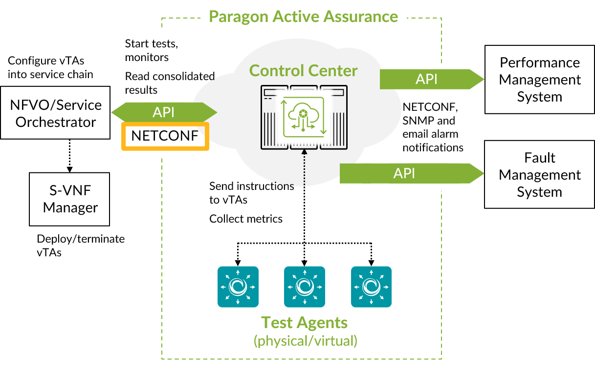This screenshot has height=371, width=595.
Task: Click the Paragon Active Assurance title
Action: pyautogui.click(x=303, y=16)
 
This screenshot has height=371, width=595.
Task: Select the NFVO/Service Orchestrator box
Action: pyautogui.click(x=55, y=113)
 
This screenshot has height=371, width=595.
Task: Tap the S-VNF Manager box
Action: pyautogui.click(x=69, y=199)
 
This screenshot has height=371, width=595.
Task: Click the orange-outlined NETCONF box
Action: pyautogui.click(x=165, y=136)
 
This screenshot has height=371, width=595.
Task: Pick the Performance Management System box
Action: pyautogui.click(x=539, y=80)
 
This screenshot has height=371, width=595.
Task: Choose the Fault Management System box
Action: pyautogui.click(x=539, y=175)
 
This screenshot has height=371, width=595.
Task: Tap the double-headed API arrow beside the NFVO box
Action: pyautogui.click(x=164, y=112)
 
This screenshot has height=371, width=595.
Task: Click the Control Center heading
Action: pyautogui.click(x=303, y=70)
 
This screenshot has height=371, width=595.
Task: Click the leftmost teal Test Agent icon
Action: pyautogui.click(x=238, y=287)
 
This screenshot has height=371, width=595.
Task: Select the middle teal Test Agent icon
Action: pyautogui.click(x=305, y=287)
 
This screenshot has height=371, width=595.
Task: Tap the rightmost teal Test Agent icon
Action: pyautogui.click(x=371, y=287)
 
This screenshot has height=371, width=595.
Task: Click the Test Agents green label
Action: pyautogui.click(x=305, y=323)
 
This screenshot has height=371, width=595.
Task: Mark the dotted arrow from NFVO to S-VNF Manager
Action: pyautogui.click(x=69, y=155)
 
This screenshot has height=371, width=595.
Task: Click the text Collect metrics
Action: pyautogui.click(x=246, y=219)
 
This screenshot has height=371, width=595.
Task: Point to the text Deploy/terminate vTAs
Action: pyautogui.click(x=81, y=246)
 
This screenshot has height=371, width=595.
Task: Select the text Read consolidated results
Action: pyautogui.click(x=170, y=83)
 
